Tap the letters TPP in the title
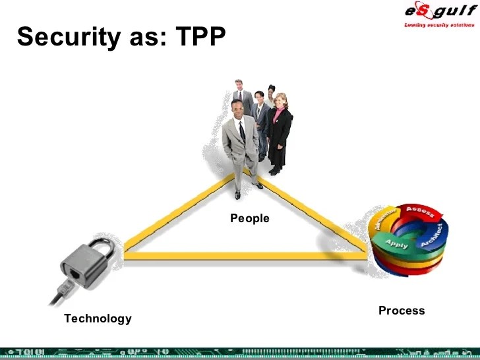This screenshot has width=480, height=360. tap(201, 37)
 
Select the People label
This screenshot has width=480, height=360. tap(250, 218)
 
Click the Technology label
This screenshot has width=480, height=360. tap(98, 318)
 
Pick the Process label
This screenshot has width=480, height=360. tap(402, 311)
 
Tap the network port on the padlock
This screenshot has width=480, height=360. tap(76, 272)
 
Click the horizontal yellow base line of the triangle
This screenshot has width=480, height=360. tap(244, 256)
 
